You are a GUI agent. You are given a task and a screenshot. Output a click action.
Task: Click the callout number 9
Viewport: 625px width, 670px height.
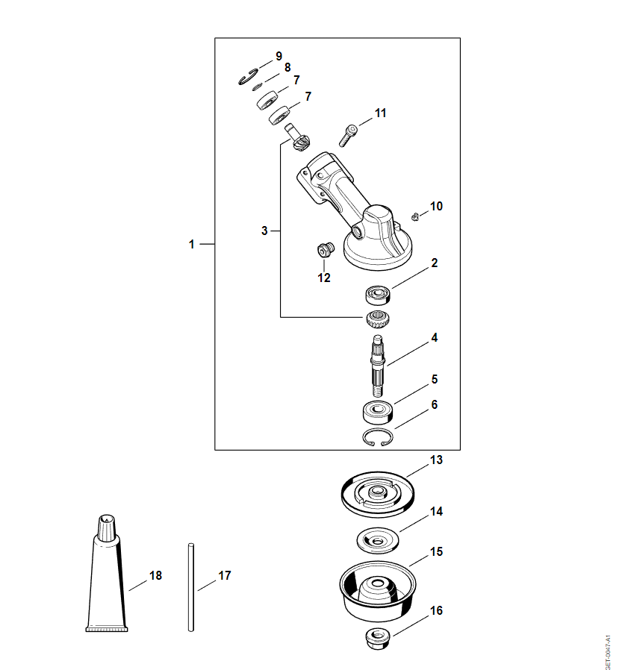pos(279,57)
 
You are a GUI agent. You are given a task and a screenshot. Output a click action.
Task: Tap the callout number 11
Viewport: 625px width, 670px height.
pos(380,113)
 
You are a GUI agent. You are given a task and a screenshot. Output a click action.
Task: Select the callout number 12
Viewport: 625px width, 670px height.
pos(324,278)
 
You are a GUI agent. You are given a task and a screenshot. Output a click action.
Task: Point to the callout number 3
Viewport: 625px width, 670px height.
pos(264,231)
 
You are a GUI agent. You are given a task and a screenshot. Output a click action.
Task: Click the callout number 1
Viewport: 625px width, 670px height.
pos(192,245)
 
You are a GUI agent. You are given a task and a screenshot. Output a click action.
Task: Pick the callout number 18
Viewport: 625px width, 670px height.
pos(156,575)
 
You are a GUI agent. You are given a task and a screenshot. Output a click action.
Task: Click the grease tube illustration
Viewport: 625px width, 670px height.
pos(107,574)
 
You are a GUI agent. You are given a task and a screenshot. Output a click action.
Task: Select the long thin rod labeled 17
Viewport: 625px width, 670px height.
pos(191,587)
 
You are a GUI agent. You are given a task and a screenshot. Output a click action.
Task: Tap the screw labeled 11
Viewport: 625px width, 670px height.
pos(347,135)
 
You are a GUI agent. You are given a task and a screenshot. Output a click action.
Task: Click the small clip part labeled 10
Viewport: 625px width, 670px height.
pos(414,217)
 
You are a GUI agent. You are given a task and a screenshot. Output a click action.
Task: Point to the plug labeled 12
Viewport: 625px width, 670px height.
pos(326,249)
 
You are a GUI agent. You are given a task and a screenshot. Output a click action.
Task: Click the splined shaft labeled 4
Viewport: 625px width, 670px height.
pos(378,366)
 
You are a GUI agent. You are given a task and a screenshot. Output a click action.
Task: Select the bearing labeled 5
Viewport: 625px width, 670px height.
pos(377,412)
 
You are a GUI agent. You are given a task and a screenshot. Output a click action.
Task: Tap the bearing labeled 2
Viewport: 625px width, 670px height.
pos(378,295)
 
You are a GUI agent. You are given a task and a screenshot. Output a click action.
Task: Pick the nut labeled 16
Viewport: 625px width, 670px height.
pos(378,639)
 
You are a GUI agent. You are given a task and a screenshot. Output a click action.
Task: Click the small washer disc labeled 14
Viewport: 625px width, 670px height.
pos(378,540)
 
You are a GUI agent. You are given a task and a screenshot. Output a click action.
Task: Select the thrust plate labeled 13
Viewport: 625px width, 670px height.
pos(378,495)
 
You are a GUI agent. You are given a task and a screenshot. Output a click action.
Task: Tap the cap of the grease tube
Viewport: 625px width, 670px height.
pos(107,528)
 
